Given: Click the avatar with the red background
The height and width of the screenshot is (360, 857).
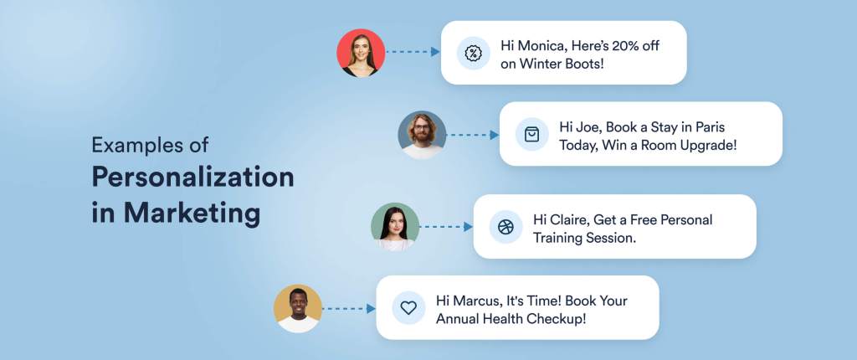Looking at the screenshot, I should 362,53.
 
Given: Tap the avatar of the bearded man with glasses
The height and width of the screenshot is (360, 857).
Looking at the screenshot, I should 422,135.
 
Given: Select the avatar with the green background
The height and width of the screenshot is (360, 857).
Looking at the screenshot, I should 395,226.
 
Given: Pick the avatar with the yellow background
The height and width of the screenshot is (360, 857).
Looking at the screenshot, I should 298,308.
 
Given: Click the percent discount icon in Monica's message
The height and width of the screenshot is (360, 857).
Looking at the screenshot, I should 473,53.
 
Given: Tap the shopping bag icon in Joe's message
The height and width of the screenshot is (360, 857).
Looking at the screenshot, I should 531,134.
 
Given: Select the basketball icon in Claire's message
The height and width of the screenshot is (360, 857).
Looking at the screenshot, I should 505,226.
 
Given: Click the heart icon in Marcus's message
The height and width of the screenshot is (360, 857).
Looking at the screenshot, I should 408,308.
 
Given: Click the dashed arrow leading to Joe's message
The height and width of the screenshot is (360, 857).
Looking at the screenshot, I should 473,135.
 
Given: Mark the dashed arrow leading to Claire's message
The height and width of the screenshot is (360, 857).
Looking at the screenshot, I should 446,226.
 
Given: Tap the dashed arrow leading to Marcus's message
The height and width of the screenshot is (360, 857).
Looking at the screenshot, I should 349,308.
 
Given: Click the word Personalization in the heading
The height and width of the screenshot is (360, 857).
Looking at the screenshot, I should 192,177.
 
